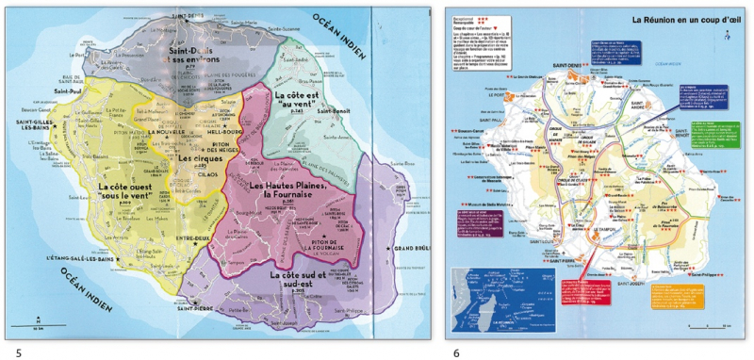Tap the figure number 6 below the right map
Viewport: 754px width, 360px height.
[x=456, y=352]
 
